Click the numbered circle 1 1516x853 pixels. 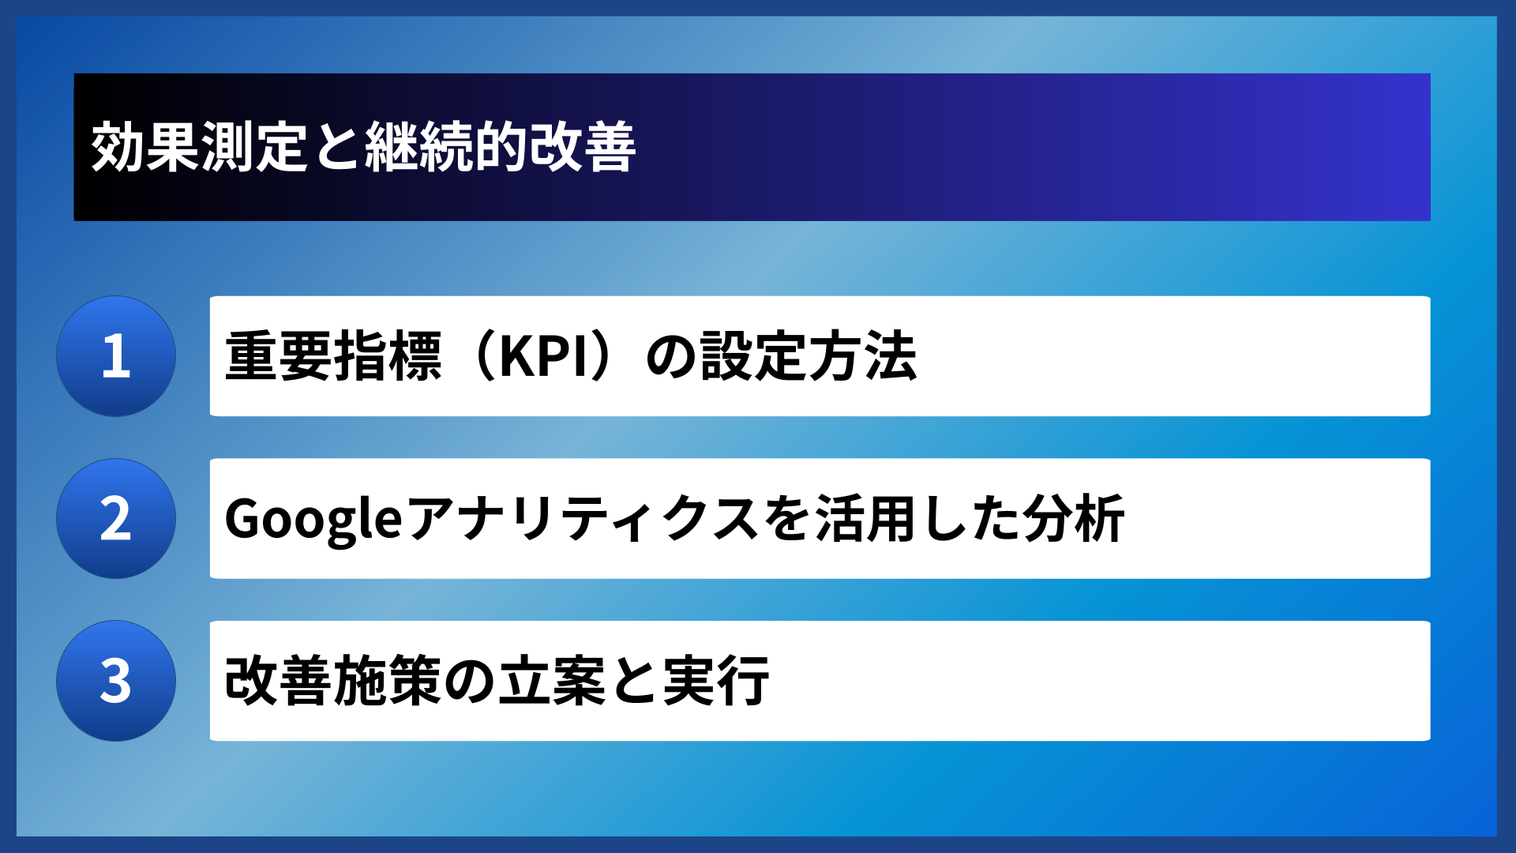tap(116, 356)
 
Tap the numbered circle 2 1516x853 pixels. tap(116, 519)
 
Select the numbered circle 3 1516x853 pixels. tap(116, 681)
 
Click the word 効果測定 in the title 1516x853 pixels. tap(199, 147)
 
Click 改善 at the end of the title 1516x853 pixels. tap(583, 147)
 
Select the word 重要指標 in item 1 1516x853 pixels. tap(333, 356)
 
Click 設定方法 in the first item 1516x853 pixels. tap(808, 356)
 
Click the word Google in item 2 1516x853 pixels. tap(313, 519)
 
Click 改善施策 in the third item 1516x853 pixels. tap(333, 681)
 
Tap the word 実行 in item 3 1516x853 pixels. tap(715, 681)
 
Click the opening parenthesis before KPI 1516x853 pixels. tap(481, 356)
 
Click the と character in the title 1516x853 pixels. tap(336, 147)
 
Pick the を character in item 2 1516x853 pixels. tap(787, 519)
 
